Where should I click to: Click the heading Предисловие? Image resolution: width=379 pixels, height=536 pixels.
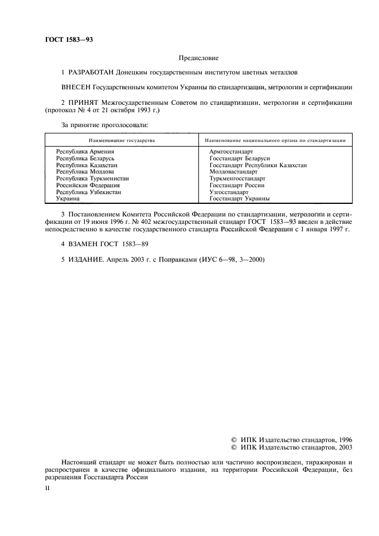198,58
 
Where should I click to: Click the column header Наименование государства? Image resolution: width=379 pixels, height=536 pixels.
121,140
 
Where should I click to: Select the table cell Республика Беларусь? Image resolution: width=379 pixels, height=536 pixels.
86,158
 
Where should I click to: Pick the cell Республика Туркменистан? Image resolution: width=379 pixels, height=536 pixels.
92,178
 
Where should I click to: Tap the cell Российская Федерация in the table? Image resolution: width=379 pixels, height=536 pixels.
88,185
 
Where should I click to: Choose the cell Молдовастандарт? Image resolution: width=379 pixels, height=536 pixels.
234,171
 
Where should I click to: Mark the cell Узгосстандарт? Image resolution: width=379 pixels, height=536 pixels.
229,192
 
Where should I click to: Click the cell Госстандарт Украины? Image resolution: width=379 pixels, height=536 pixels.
240,198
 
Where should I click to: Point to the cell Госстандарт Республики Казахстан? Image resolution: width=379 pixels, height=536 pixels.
259,165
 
